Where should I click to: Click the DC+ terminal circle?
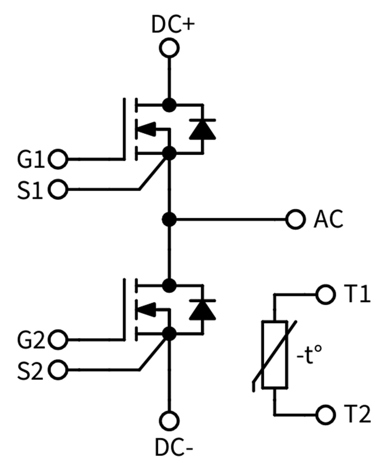pos(169,48)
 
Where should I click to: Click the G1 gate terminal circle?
pos(58,159)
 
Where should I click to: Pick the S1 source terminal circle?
pos(58,189)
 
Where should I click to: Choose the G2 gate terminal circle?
pos(58,340)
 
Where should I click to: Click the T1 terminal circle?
pos(325,294)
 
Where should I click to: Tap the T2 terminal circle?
pos(325,414)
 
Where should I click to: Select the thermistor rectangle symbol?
pos(274,354)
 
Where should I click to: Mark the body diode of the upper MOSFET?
pos(202,129)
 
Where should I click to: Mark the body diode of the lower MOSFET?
pos(202,310)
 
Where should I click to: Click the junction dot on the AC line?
pos(169,220)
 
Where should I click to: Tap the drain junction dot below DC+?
pos(169,104)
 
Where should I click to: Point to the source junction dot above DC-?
pos(169,333)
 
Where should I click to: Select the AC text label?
pos(328,220)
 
